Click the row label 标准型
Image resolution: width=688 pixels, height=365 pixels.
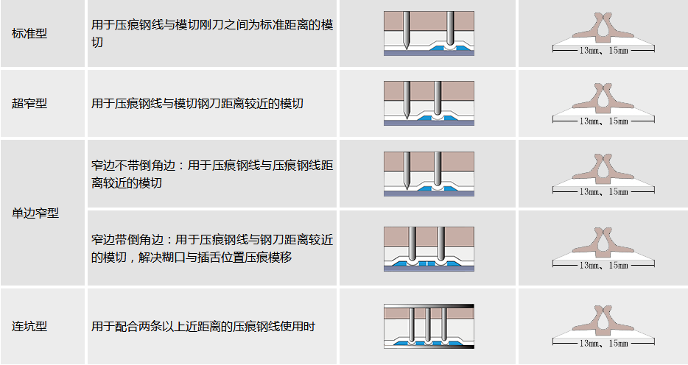tap(29, 34)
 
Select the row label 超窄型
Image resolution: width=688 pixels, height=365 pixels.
tap(29, 104)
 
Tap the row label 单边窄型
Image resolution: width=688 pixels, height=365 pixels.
tap(35, 213)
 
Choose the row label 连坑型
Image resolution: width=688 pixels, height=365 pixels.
tap(29, 326)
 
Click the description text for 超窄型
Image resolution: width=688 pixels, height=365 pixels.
tap(197, 104)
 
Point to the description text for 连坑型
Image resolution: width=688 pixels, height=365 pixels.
tap(203, 326)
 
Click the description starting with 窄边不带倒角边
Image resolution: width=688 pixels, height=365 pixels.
tap(212, 174)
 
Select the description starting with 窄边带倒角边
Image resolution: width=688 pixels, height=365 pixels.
tap(212, 248)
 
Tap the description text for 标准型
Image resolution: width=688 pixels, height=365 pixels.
tap(212, 34)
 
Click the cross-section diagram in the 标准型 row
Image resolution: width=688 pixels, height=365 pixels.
tap(429, 33)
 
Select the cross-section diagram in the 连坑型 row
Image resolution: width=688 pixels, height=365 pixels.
tap(429, 325)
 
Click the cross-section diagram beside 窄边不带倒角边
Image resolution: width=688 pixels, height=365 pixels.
tap(429, 174)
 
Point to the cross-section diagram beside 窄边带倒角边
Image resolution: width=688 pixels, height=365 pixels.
tap(429, 249)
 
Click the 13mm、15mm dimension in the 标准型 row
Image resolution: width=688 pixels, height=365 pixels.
tap(603, 50)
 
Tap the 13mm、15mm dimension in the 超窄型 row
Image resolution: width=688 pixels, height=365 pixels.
tap(603, 121)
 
